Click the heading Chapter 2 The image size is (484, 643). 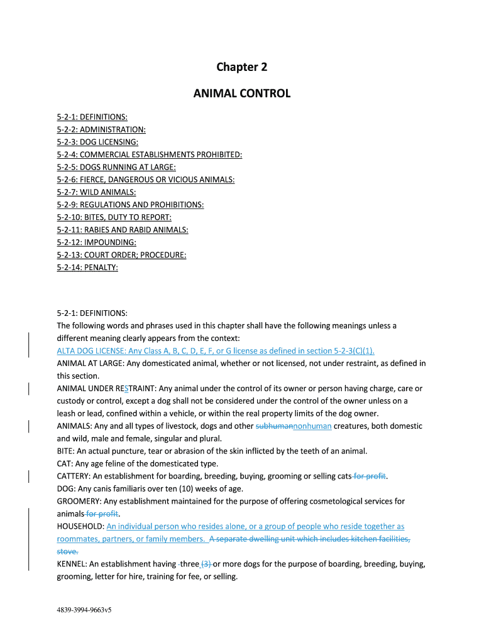pos(241,67)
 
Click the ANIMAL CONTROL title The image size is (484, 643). pos(241,94)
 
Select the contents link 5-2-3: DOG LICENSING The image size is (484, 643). pos(97,142)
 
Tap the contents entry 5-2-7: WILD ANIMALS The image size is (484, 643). pos(96,192)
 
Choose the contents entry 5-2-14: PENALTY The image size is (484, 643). pos(87,267)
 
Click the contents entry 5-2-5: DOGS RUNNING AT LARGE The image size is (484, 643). pos(116,167)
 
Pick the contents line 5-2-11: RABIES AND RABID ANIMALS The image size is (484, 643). pos(123,230)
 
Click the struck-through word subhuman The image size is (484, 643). pos(275,426)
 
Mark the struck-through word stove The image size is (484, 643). pos(67,551)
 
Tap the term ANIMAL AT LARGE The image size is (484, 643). pos(91,363)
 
